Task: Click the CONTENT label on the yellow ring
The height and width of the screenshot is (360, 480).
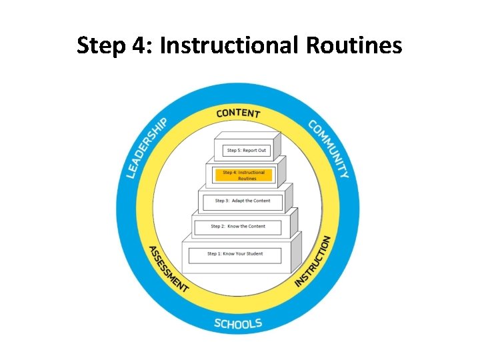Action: [x=238, y=113]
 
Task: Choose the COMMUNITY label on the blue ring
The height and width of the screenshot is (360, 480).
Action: [x=329, y=148]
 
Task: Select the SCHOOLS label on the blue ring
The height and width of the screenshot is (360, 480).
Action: [x=238, y=324]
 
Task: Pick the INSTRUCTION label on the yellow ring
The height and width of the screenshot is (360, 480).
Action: [x=313, y=261]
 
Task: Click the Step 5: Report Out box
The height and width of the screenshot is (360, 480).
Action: [x=246, y=151]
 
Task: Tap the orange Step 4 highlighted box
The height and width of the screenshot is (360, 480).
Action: [x=243, y=175]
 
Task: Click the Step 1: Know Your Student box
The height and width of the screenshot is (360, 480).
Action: [x=235, y=254]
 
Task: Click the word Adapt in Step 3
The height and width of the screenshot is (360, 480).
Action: [x=239, y=201]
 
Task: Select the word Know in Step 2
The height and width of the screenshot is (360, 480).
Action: [x=233, y=227]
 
